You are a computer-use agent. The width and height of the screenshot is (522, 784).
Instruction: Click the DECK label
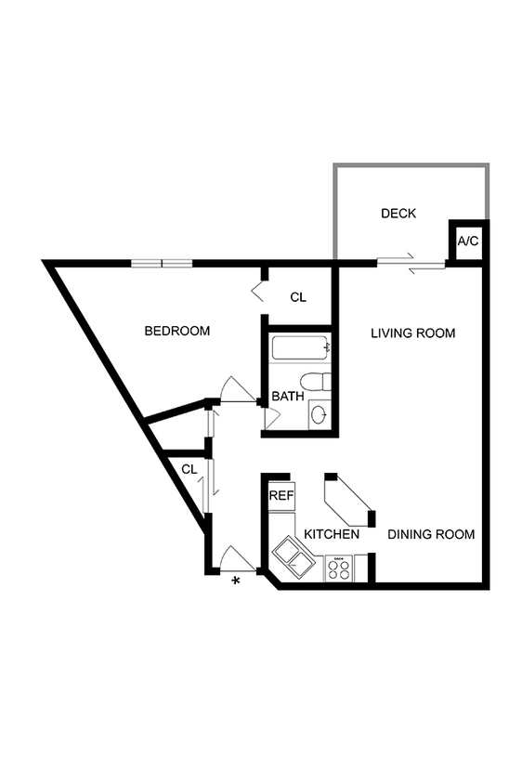[398, 214]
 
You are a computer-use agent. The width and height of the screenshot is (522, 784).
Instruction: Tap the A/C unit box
[467, 242]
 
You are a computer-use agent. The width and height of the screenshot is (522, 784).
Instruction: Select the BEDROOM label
[176, 331]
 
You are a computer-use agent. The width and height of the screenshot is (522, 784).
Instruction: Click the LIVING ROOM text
[412, 333]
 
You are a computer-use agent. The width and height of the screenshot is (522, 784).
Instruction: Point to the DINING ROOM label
[431, 534]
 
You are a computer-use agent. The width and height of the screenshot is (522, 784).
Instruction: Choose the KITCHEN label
[332, 535]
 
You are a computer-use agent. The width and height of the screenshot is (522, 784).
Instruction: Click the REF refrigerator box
[281, 495]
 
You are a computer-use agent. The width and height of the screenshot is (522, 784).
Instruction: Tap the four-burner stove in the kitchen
[339, 568]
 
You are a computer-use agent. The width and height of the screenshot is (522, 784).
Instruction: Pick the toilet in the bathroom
[317, 382]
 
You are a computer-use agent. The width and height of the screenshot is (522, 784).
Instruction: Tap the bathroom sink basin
[318, 414]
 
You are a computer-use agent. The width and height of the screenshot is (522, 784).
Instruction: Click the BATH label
[288, 397]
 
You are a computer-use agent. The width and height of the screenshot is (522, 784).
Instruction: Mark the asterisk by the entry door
[236, 581]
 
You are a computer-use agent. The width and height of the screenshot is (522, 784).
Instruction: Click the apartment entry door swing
[235, 558]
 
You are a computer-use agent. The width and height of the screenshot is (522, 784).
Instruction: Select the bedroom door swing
[237, 388]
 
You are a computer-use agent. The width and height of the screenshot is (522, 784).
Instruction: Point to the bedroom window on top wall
[162, 263]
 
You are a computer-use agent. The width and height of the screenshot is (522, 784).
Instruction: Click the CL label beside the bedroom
[298, 297]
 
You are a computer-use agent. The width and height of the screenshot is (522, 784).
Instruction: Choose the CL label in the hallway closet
[189, 469]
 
